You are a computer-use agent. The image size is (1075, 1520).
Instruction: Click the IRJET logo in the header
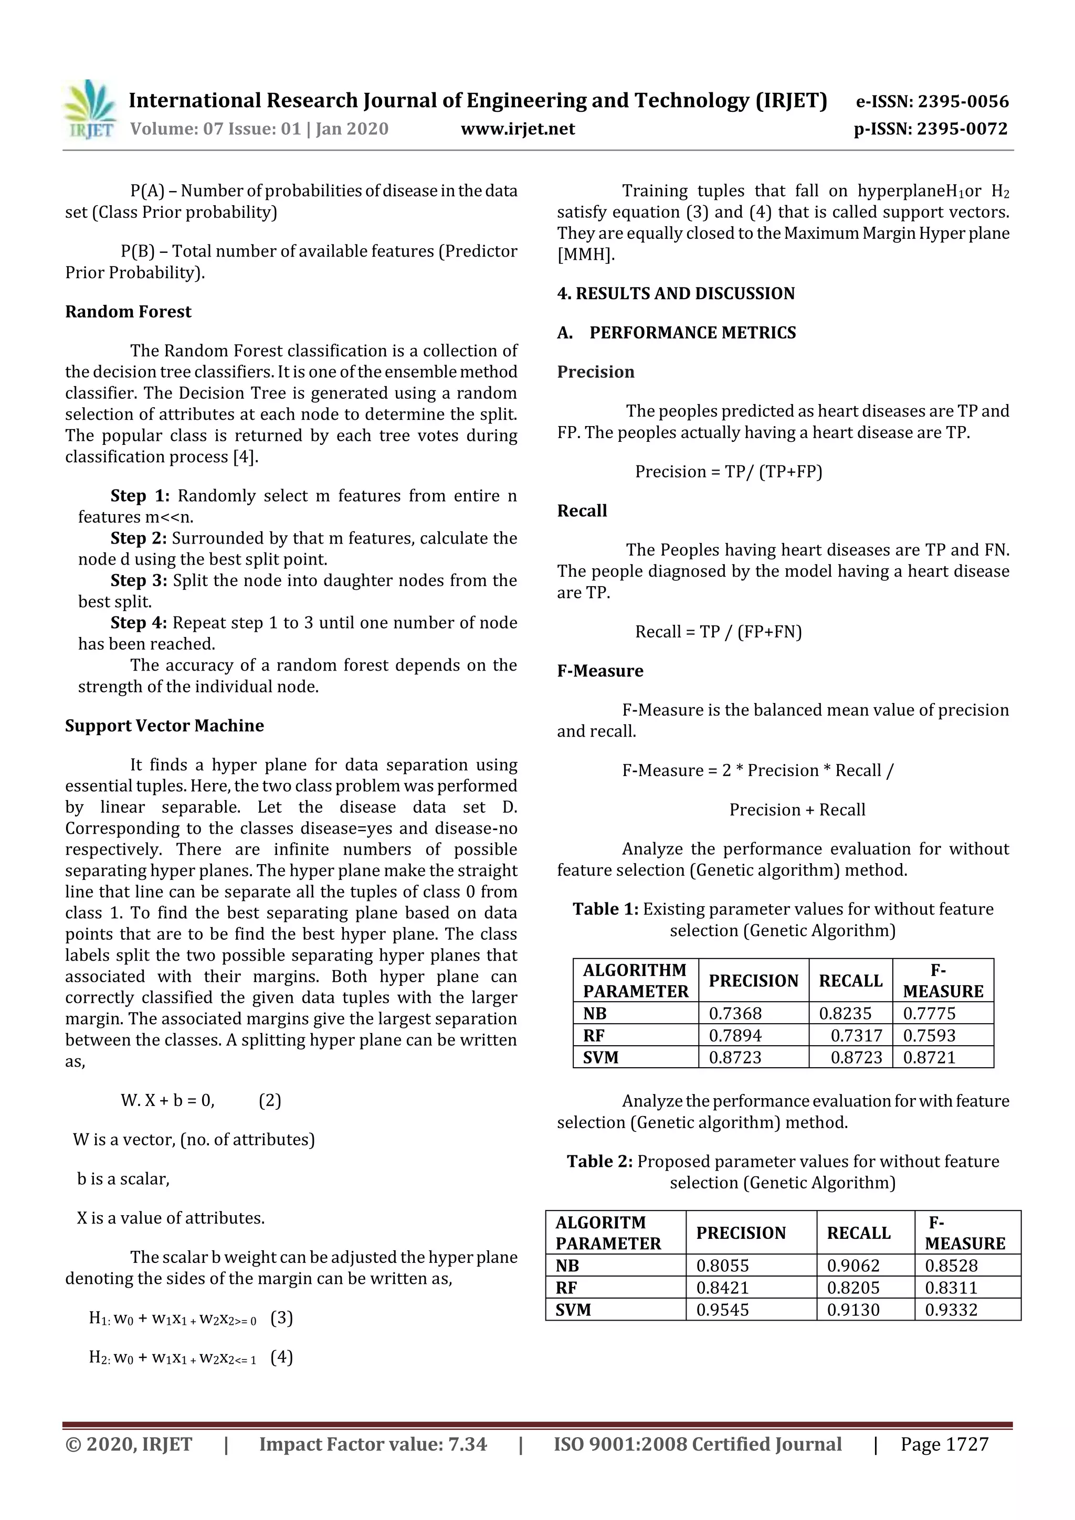89,109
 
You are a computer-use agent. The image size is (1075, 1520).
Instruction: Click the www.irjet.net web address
518,129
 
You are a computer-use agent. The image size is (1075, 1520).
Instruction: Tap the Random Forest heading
128,312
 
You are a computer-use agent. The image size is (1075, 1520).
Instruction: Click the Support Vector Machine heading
164,726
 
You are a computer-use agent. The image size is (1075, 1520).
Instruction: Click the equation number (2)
270,1100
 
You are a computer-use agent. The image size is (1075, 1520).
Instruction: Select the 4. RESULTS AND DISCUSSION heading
676,293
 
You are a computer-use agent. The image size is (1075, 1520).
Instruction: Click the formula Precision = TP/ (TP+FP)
729,471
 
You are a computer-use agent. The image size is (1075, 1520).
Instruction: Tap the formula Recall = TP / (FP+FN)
718,632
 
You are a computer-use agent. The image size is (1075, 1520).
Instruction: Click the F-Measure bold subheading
600,671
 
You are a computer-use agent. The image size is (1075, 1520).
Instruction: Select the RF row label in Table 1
594,1035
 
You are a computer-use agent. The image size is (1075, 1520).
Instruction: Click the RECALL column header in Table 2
858,1232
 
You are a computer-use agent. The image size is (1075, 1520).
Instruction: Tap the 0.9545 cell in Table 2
722,1310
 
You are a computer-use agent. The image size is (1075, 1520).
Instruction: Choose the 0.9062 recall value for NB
853,1266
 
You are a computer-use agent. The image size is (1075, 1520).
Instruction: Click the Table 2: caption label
599,1161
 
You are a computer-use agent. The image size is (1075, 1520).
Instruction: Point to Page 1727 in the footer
944,1444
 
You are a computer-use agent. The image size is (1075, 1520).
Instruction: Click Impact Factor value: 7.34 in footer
373,1444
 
